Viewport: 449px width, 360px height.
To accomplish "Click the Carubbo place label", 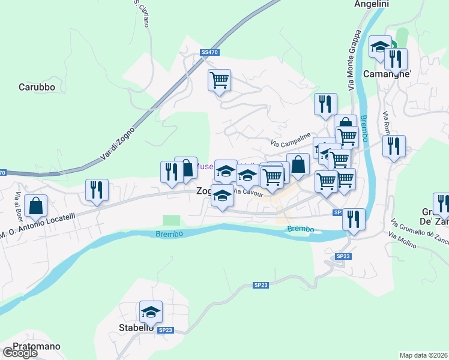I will coord(37,87).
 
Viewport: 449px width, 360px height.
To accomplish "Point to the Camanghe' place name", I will coord(387,74).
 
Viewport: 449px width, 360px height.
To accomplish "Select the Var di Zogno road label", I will coord(118,143).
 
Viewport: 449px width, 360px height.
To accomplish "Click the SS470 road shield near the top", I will coord(210,53).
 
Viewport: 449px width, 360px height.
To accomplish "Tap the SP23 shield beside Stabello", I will coord(166,330).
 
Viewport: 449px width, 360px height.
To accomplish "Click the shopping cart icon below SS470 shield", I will coord(220,79).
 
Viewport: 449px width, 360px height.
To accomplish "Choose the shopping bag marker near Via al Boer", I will coord(37,205).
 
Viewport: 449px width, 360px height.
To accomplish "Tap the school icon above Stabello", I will coord(151,311).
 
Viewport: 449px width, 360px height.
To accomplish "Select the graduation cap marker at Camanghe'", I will coord(380,47).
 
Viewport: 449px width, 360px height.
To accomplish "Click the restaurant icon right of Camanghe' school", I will coord(396,59).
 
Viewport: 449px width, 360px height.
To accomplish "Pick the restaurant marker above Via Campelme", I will coord(325,103).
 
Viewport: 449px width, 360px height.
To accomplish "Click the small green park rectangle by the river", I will coord(171,221).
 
